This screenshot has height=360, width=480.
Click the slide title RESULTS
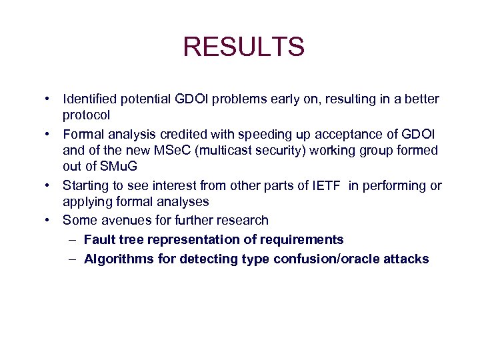click(x=243, y=47)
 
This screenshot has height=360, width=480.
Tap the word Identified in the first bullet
click(x=90, y=99)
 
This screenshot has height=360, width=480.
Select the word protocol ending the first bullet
click(x=87, y=115)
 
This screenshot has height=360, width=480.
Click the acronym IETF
click(x=327, y=185)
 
